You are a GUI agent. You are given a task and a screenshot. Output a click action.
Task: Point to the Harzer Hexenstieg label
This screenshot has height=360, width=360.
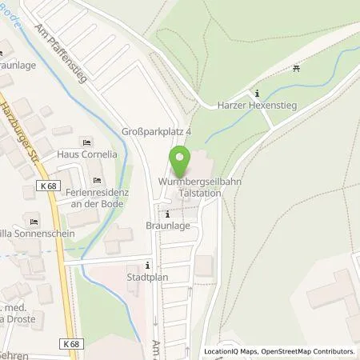(256, 104)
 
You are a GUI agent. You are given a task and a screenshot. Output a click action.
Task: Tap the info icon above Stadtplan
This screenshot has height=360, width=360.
(147, 266)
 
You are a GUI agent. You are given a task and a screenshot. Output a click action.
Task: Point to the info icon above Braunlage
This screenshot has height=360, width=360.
(167, 214)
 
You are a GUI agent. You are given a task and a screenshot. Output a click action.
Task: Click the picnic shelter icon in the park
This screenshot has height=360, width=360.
(297, 69)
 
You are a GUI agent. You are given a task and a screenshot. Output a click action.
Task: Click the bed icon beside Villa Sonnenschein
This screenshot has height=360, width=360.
(34, 222)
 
